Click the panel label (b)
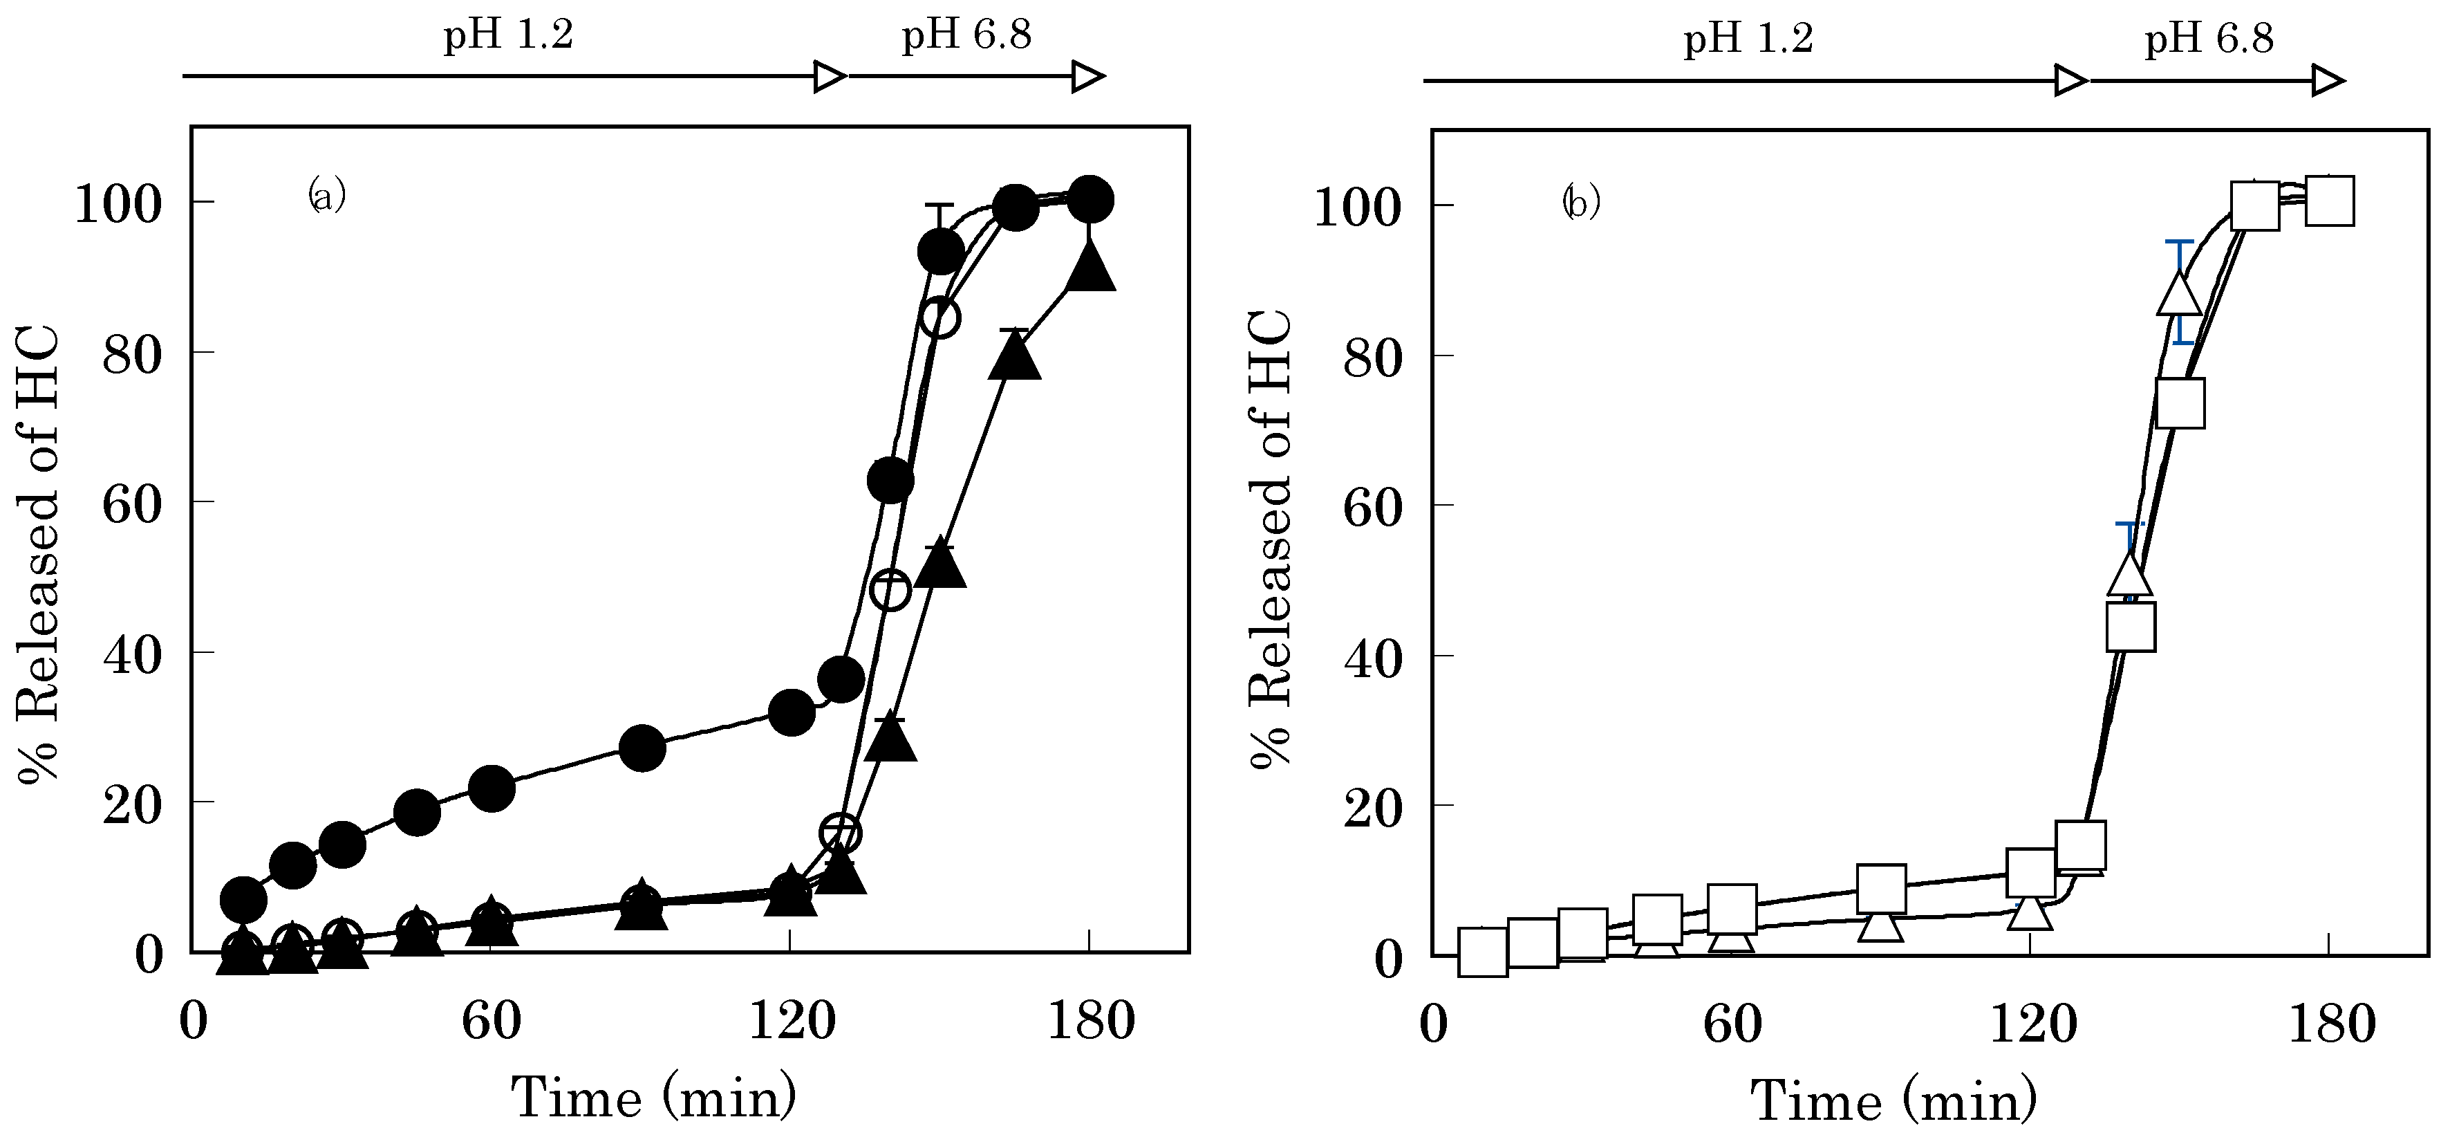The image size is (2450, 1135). (x=1581, y=203)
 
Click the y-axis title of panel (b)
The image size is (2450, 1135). (x=1271, y=539)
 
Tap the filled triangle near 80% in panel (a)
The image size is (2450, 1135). (x=1015, y=358)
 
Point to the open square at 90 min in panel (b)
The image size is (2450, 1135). (x=1880, y=889)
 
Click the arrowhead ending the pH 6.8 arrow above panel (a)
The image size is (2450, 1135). (x=1088, y=76)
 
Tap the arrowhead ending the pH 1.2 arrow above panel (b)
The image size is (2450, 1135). (x=2070, y=81)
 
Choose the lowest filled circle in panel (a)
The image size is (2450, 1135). (x=243, y=898)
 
